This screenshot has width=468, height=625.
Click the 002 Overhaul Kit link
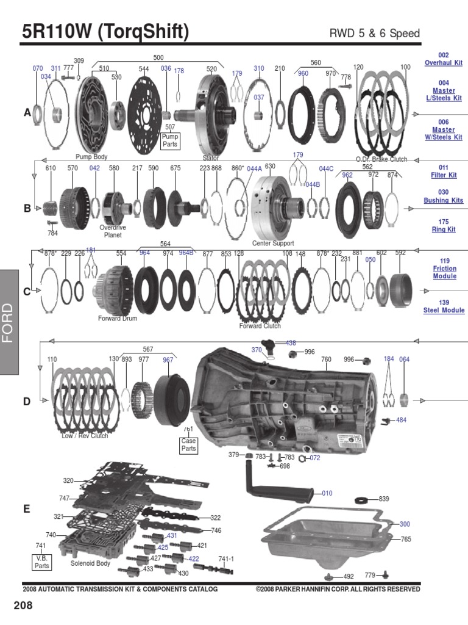coord(443,59)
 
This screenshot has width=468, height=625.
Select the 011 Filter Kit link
coord(443,171)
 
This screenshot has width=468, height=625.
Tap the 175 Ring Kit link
coord(443,226)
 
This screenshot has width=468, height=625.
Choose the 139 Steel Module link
coord(444,306)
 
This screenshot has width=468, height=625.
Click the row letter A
coord(27,113)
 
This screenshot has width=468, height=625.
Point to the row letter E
coord(27,508)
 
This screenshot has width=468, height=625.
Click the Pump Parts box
coord(170,141)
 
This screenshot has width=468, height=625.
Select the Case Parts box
coord(189,444)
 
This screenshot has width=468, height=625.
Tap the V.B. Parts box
coord(41,562)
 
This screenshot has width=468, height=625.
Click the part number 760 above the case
coord(326,359)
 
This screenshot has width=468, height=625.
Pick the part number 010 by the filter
coord(327,493)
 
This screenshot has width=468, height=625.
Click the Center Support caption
coord(273,243)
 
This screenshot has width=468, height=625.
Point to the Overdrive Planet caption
coord(112,231)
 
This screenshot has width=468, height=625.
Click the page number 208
coord(22,606)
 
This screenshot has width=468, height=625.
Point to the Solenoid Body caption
coord(90,563)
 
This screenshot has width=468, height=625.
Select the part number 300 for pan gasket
coord(405,524)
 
